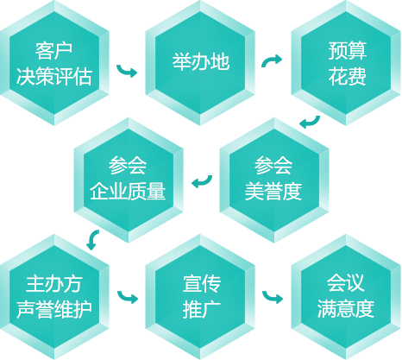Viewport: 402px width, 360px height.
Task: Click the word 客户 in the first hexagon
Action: point(53,51)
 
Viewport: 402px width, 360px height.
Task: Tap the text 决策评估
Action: point(54,77)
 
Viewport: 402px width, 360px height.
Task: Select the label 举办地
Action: point(201,61)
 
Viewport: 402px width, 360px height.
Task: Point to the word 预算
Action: point(348,51)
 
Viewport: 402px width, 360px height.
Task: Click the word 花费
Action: point(348,77)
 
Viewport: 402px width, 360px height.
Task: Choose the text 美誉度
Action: point(273,191)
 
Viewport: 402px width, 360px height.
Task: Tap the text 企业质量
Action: point(128,191)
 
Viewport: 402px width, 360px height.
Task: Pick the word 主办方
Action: point(54,284)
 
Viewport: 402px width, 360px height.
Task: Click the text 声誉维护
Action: point(54,309)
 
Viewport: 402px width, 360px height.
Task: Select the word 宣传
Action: point(202,284)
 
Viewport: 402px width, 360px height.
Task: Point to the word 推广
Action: point(202,309)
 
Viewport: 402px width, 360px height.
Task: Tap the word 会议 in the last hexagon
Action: point(346,283)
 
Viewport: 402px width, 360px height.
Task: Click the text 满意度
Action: point(346,309)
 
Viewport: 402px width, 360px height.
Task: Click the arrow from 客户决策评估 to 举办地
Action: point(126,72)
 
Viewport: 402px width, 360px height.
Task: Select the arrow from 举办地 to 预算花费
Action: point(271,60)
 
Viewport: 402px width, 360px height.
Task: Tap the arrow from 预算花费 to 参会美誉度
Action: point(311,123)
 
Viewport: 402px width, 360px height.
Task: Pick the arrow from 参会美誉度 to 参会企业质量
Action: point(203,182)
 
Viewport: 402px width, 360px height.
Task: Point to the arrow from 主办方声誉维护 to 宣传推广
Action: point(127,298)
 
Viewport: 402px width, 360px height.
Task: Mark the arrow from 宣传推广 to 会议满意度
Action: point(272,298)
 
